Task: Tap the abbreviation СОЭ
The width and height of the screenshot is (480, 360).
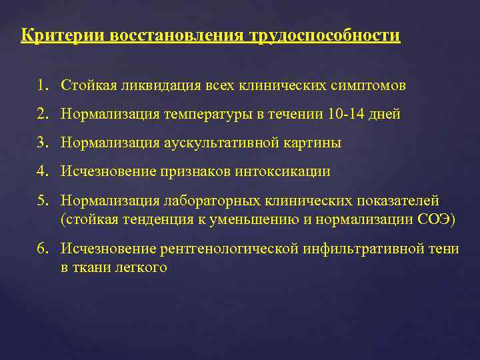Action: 441,219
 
